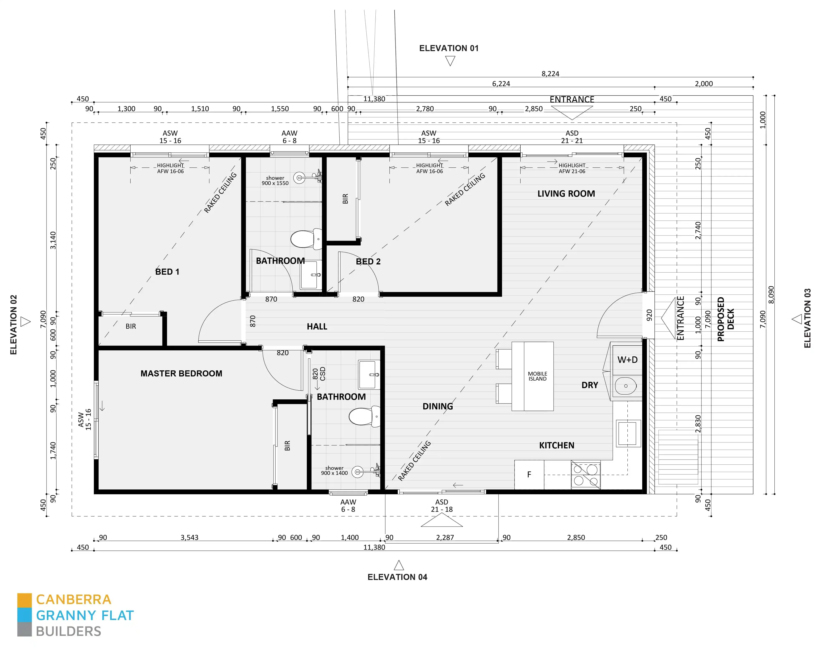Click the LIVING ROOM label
(566, 194)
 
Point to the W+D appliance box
(627, 360)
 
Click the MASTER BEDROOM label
(181, 373)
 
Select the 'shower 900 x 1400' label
(334, 471)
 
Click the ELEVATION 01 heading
(449, 48)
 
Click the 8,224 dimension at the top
(550, 74)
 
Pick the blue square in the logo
(24, 615)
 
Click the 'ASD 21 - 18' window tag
(442, 506)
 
